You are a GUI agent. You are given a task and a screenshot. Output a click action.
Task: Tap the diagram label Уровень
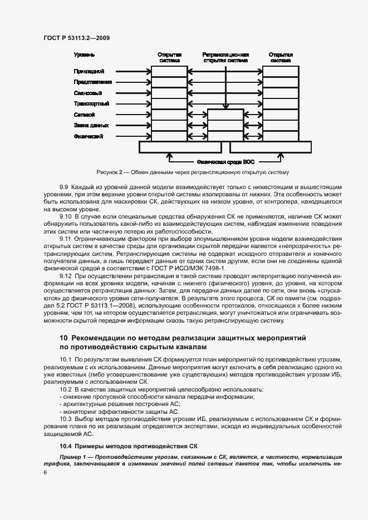click(x=84, y=55)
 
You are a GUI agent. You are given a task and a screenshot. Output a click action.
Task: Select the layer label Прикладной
click(x=88, y=72)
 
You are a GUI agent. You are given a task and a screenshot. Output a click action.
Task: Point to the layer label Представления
click(x=92, y=82)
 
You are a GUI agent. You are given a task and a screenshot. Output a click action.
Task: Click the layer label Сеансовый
click(x=87, y=93)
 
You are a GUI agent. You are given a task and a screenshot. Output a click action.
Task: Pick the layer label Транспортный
click(x=91, y=104)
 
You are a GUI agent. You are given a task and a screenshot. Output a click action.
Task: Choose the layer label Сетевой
click(x=84, y=115)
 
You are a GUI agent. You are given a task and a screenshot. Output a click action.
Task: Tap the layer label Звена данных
click(x=91, y=125)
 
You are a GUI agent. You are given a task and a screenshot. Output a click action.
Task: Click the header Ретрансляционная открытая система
click(x=225, y=58)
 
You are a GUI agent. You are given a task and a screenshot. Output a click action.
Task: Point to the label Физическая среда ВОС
click(x=225, y=162)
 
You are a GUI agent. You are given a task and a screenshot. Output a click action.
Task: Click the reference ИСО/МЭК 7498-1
click(x=200, y=268)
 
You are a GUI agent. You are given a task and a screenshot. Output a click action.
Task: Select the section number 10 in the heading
click(x=63, y=338)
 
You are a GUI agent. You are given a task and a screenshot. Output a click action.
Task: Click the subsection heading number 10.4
click(x=66, y=447)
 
